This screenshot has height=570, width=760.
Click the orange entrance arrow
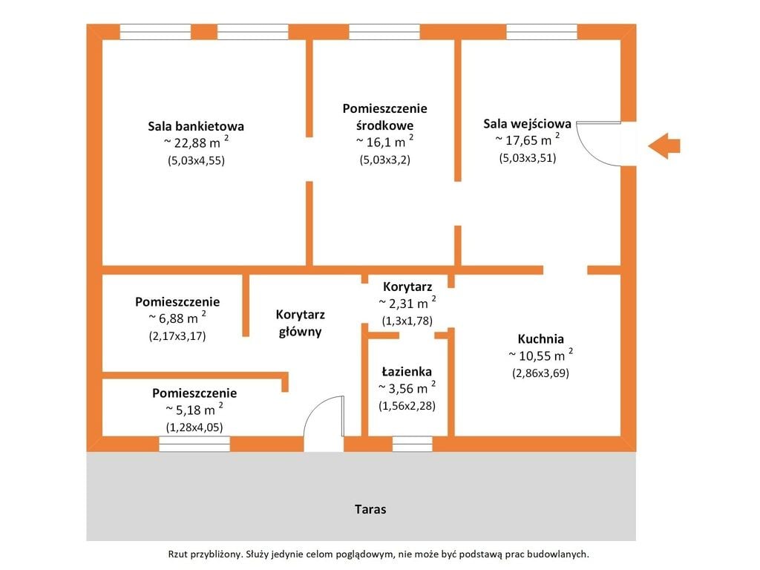(x=664, y=146)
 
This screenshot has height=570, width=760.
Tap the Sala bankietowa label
(x=196, y=126)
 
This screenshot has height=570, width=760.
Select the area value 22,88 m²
(x=196, y=142)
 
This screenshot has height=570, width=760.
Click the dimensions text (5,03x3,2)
(x=385, y=160)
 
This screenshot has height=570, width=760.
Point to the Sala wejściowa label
(x=528, y=124)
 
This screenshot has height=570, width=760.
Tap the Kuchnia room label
(x=540, y=338)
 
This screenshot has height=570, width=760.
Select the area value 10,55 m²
(x=540, y=356)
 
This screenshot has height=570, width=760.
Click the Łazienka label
(x=407, y=371)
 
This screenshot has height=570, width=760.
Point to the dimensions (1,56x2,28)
(x=407, y=406)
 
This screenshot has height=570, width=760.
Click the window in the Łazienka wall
(x=412, y=444)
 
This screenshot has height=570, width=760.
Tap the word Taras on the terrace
(x=370, y=509)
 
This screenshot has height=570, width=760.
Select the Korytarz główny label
(x=300, y=324)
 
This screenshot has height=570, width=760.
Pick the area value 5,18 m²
(x=194, y=410)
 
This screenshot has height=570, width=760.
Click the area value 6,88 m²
(x=177, y=318)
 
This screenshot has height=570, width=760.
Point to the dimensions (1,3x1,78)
(x=407, y=321)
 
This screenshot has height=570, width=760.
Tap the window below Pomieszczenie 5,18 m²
(x=194, y=444)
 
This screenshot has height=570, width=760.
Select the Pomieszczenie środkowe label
(x=385, y=117)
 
